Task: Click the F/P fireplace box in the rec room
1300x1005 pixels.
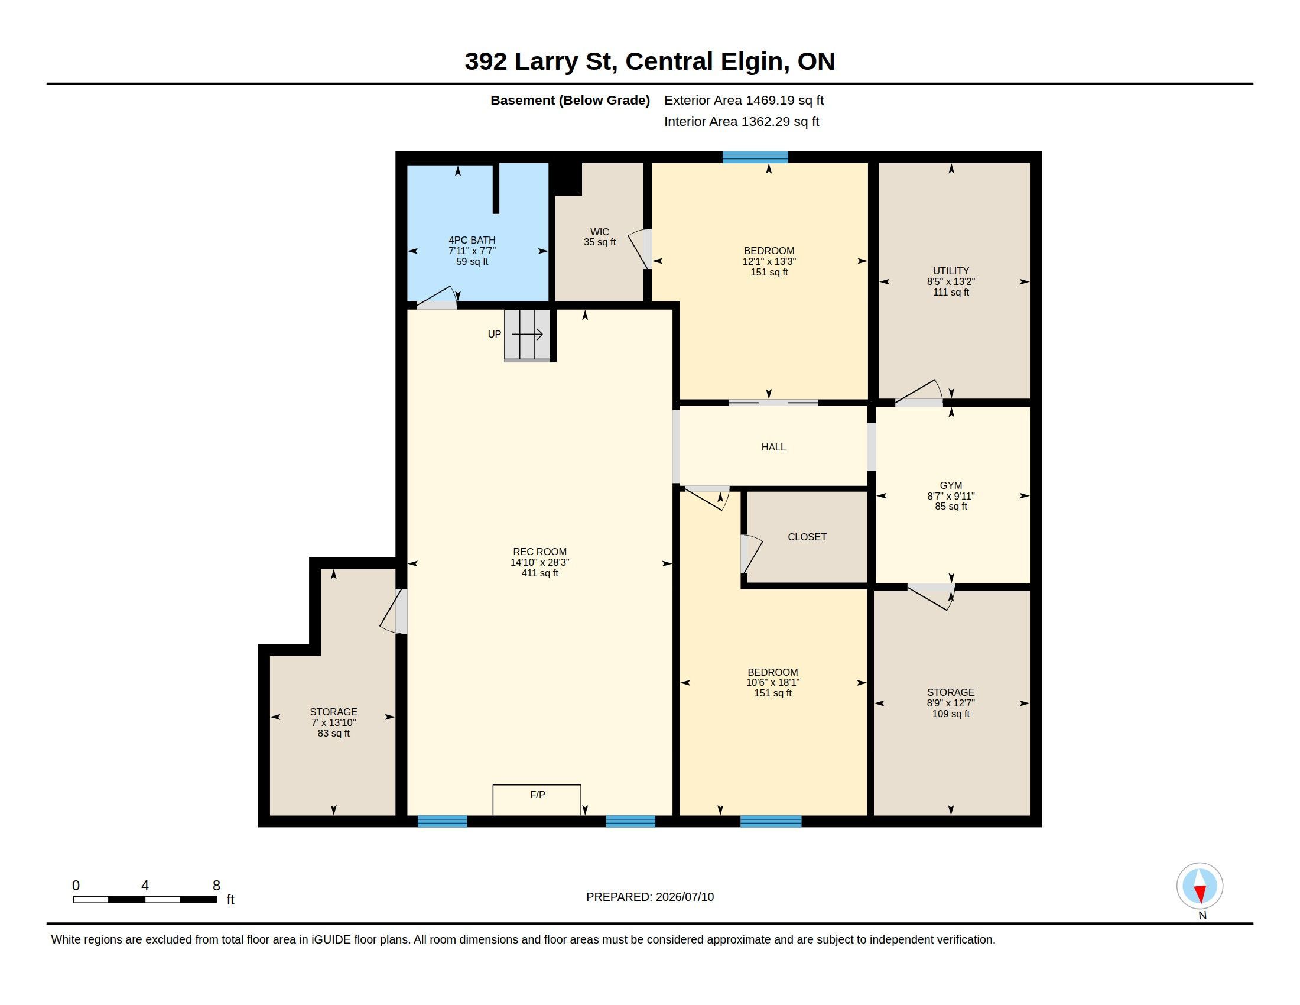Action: point(537,800)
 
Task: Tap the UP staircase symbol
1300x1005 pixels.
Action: point(527,335)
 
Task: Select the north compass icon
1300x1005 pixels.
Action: point(1200,886)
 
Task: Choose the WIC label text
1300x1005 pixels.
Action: point(599,232)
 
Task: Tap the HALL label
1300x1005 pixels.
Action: point(773,447)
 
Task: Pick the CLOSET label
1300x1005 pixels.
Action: point(807,537)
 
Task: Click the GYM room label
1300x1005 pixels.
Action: point(951,485)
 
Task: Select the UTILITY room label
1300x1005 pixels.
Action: point(951,271)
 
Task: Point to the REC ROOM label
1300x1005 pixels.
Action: point(540,552)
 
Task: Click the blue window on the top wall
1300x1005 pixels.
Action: point(755,157)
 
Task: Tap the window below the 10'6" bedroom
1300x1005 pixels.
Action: point(771,821)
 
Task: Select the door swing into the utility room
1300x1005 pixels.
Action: point(919,394)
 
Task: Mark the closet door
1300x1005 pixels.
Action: point(751,555)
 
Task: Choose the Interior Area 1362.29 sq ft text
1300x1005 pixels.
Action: point(742,121)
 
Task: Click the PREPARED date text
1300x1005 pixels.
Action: point(650,897)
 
